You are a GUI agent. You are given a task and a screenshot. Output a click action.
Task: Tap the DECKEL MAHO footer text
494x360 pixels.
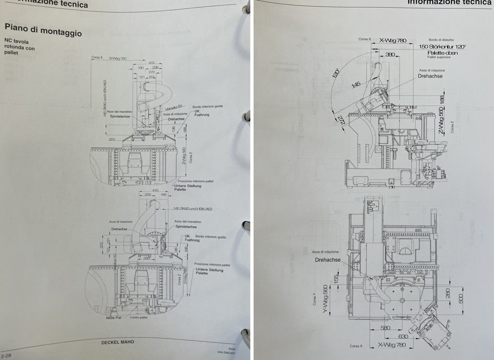coord(118,342)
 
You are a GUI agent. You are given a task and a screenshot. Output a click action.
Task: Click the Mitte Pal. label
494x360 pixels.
coord(113,318)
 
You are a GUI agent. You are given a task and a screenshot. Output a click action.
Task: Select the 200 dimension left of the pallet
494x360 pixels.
coord(112,138)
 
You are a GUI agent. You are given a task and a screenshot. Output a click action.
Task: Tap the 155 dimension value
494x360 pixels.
coord(336,279)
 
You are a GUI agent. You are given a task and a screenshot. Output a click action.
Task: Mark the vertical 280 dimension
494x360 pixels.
coord(448,293)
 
